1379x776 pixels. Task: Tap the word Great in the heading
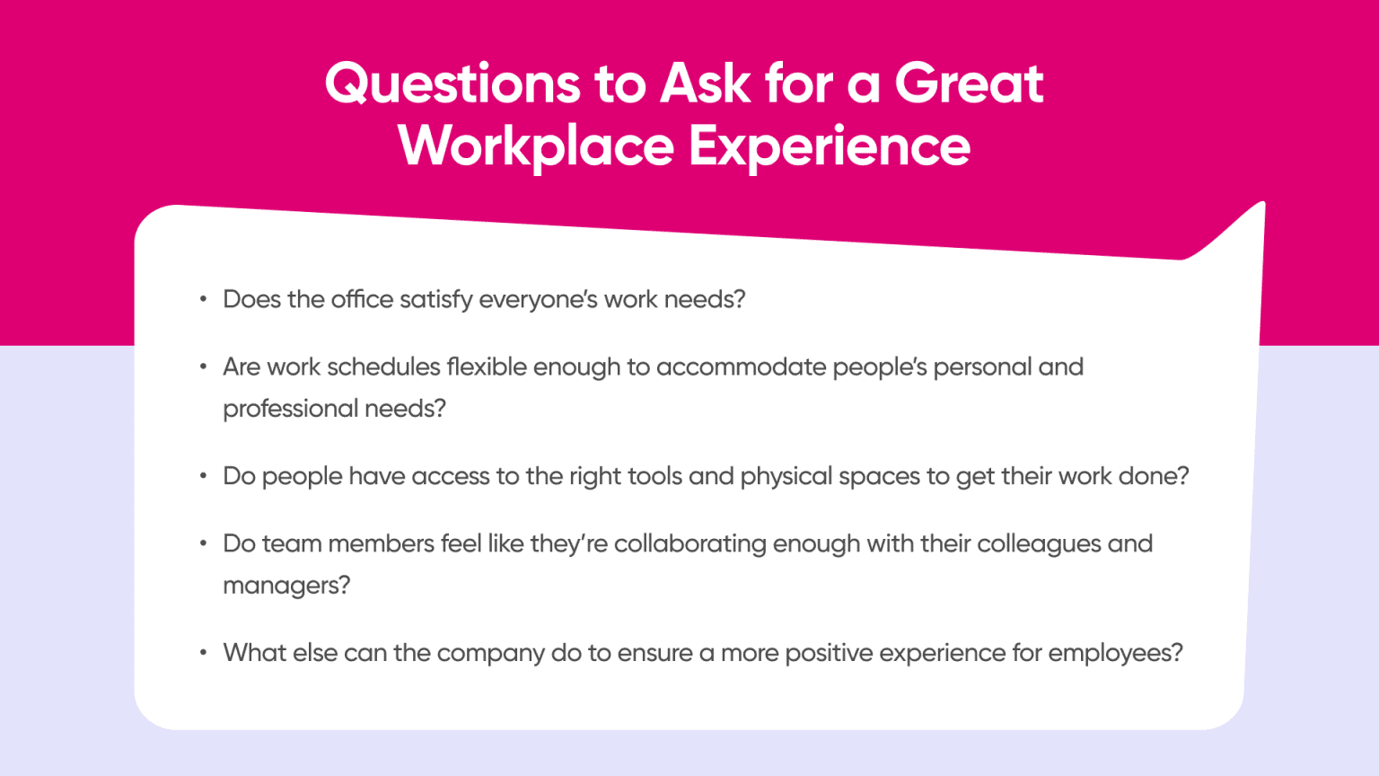click(x=969, y=84)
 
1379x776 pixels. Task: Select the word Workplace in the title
click(x=535, y=146)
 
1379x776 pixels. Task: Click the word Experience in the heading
click(x=830, y=146)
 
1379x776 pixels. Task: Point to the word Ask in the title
click(x=705, y=84)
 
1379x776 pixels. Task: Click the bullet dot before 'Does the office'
click(x=204, y=299)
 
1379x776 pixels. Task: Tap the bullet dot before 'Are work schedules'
click(x=204, y=366)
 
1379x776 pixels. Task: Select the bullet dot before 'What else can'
click(x=204, y=652)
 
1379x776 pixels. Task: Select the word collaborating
click(x=689, y=544)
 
